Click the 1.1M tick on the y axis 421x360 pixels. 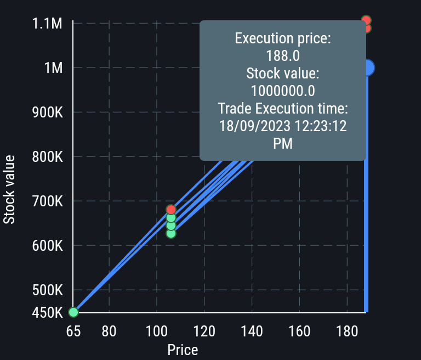point(47,24)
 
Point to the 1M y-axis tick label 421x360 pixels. point(53,68)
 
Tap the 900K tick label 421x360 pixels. point(48,113)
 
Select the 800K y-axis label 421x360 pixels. point(48,157)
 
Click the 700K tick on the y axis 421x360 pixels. point(48,201)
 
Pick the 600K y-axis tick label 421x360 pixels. point(48,246)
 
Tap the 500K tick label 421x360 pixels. point(48,290)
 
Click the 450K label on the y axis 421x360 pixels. point(48,313)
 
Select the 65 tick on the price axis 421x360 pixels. point(73,331)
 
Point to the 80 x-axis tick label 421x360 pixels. point(109,331)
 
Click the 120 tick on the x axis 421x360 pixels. point(204,331)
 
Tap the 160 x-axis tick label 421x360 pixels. point(299,331)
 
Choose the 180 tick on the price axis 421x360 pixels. point(346,331)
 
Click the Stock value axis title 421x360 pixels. point(9,189)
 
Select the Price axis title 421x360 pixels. point(183,350)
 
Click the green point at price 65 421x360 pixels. point(73,312)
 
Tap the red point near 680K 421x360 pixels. point(170,210)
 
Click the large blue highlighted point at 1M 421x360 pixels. point(367,67)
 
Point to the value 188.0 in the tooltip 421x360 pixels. point(282,55)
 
